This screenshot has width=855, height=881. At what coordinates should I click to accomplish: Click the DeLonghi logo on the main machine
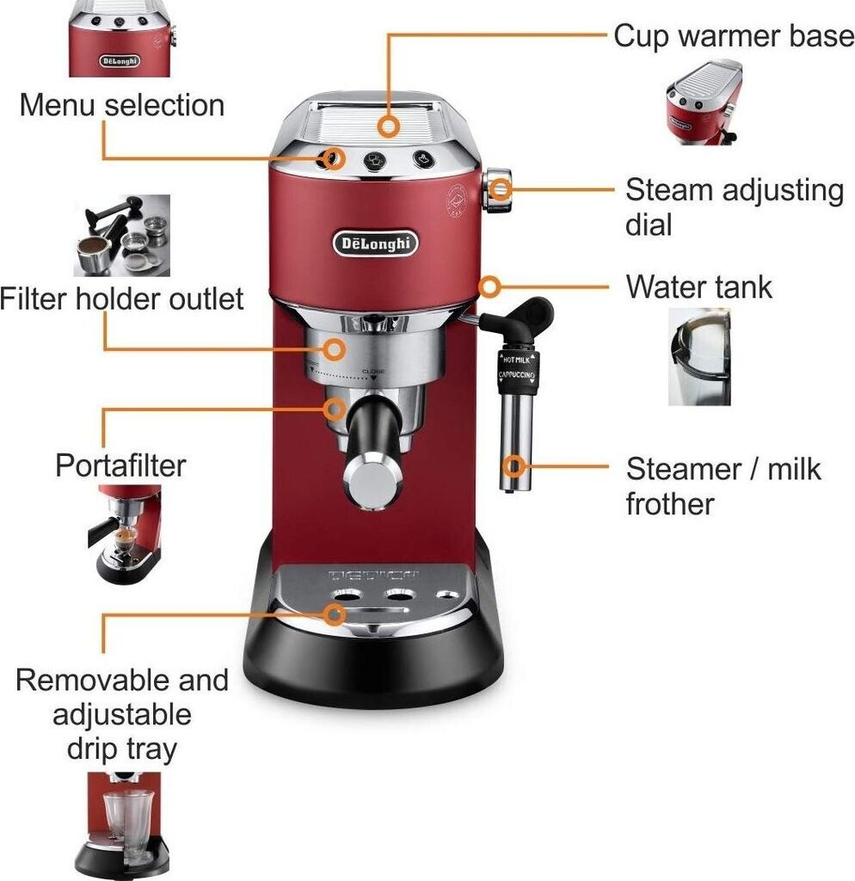pos(376,243)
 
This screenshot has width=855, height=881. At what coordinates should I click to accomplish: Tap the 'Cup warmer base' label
pos(734,37)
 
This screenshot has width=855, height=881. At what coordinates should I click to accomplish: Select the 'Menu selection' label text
pos(121,105)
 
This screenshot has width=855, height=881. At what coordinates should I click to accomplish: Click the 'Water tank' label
pos(698,286)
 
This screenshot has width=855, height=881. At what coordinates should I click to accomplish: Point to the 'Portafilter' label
pos(120,465)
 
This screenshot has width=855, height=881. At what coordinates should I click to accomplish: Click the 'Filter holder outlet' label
pos(122,299)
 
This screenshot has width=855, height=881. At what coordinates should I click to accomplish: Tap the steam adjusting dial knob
pos(497,190)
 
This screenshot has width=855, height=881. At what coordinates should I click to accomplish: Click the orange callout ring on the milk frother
pos(514,466)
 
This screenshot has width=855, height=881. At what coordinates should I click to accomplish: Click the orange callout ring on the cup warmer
pos(390,127)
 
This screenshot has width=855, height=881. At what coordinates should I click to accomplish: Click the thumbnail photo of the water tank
pos(699,356)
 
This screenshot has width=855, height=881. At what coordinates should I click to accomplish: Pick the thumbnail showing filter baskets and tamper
pos(121,235)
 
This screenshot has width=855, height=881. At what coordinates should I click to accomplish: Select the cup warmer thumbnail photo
pos(704,102)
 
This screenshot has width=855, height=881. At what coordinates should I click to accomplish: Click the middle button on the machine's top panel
pos(374,161)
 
